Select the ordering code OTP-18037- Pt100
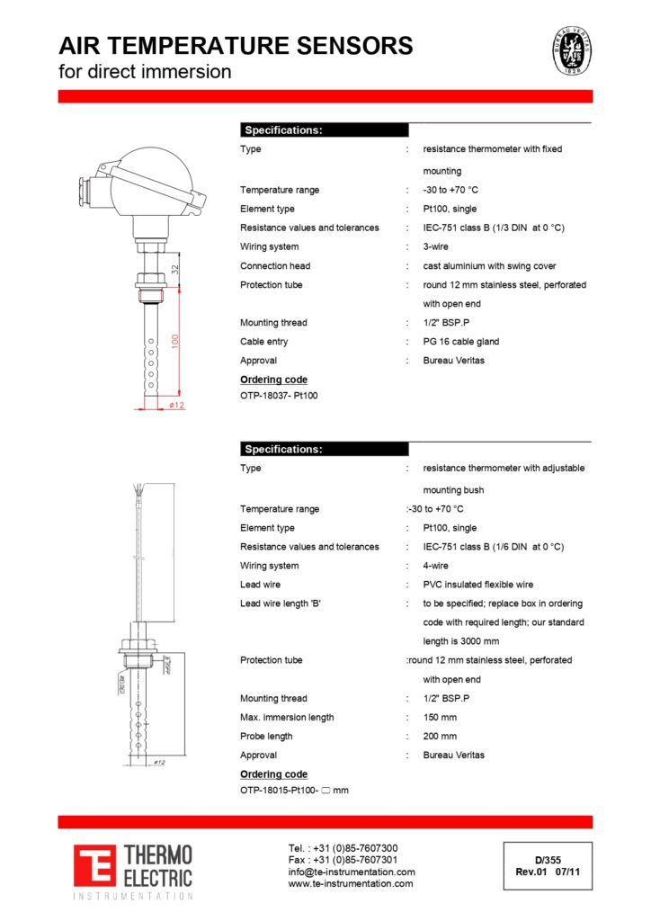tap(279, 395)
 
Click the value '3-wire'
tap(436, 246)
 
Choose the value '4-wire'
tap(436, 566)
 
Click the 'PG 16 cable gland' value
tap(461, 342)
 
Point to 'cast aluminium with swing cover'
tap(489, 266)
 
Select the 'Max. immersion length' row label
tap(287, 717)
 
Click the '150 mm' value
tap(440, 717)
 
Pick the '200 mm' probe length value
tap(440, 736)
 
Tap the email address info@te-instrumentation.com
tap(352, 872)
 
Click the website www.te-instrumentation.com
tap(351, 884)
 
